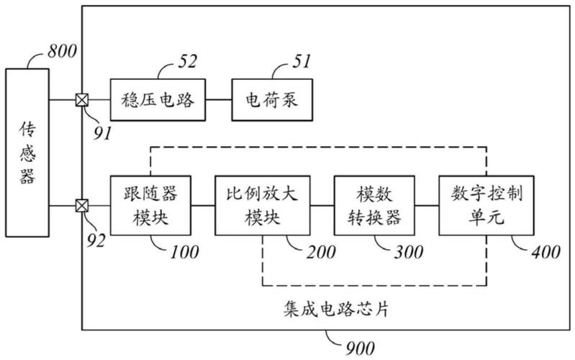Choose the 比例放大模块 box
point(258,207)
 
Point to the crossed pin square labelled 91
point(82,101)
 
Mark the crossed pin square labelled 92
point(82,207)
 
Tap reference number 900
point(358,348)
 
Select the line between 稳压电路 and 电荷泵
point(217,101)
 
